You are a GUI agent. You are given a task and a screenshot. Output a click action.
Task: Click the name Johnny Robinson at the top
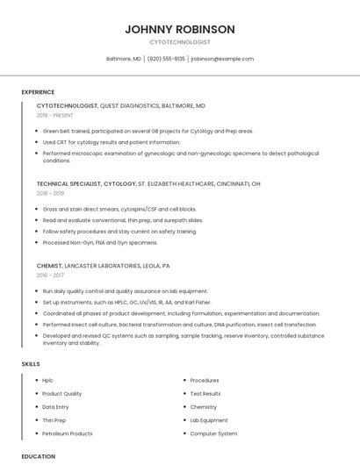point(180,29)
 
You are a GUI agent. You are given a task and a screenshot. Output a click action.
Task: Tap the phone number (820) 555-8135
point(166,59)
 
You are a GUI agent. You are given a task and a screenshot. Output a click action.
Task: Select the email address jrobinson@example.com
point(222,59)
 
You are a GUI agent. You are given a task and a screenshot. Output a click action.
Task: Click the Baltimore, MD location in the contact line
point(124,59)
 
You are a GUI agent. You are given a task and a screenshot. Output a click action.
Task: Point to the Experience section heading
point(38,92)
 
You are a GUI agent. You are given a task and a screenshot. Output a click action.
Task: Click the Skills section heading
point(31,363)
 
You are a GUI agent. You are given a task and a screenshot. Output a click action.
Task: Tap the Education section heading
point(39,456)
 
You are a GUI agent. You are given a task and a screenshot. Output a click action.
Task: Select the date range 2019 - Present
point(55,115)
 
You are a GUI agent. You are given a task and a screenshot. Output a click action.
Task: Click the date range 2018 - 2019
point(51,193)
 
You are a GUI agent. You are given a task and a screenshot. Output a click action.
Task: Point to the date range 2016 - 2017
point(50,275)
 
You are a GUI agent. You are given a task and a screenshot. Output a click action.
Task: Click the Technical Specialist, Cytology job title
point(86,184)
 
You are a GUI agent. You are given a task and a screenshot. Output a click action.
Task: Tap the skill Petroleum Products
point(68,433)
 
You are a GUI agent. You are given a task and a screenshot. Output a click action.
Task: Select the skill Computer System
point(213,433)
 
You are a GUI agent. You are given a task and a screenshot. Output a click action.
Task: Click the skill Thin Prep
point(54,420)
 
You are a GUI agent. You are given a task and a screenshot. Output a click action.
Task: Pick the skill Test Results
point(205,394)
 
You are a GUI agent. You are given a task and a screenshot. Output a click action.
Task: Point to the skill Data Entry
point(55,407)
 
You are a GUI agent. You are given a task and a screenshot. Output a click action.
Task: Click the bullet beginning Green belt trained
point(148,131)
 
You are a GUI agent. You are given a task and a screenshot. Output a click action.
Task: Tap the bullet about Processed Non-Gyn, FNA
point(100,242)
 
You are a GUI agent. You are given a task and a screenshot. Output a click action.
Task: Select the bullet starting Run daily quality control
point(125,290)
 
